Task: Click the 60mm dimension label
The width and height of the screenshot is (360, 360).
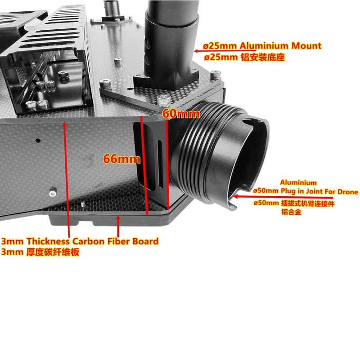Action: pyautogui.click(x=181, y=114)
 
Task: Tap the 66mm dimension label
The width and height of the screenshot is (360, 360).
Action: pyautogui.click(x=121, y=159)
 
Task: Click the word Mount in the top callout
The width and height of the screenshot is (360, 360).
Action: pyautogui.click(x=306, y=46)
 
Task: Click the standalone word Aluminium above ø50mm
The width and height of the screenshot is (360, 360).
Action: pyautogui.click(x=298, y=183)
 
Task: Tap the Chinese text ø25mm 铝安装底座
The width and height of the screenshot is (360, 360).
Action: pyautogui.click(x=244, y=57)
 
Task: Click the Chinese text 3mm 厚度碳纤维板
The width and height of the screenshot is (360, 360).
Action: pyautogui.click(x=40, y=252)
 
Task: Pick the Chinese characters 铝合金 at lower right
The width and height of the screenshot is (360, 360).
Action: pyautogui.click(x=291, y=211)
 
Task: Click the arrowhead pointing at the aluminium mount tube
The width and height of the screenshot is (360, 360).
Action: pyautogui.click(x=196, y=51)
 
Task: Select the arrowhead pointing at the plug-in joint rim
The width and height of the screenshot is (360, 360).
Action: pyautogui.click(x=235, y=197)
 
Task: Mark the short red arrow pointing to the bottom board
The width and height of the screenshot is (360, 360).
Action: pyautogui.click(x=118, y=226)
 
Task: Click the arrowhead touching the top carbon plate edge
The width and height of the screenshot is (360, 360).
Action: pyautogui.click(x=64, y=125)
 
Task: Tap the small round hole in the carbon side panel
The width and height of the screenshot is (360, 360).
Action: pyautogui.click(x=38, y=140)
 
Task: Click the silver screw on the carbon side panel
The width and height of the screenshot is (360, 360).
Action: pyautogui.click(x=53, y=193)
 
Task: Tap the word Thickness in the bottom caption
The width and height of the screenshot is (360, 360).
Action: pyautogui.click(x=48, y=241)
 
